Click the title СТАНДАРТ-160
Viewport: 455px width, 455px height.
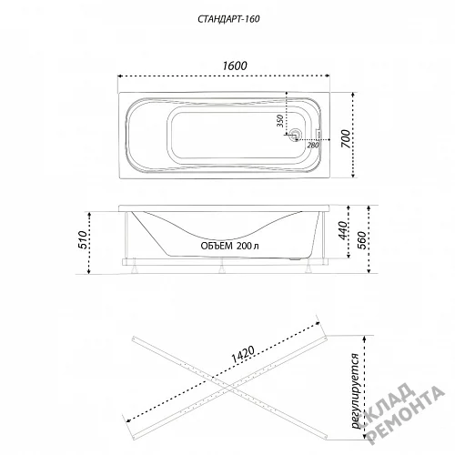[228, 19]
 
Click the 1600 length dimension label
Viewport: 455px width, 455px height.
[235, 66]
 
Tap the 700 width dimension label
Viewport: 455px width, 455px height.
[346, 139]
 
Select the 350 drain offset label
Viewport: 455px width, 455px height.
[280, 121]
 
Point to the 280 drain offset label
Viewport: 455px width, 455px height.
[313, 146]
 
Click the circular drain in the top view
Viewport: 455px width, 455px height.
[295, 135]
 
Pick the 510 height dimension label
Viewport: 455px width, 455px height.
[82, 239]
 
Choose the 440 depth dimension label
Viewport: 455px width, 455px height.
[342, 230]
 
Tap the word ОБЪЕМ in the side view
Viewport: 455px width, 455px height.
[217, 246]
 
